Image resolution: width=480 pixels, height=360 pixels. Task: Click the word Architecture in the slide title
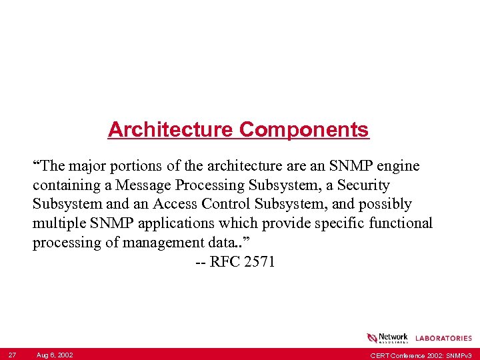coord(171,129)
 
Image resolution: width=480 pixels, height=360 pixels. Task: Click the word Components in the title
coord(304,129)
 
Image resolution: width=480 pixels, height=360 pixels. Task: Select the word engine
coord(399,165)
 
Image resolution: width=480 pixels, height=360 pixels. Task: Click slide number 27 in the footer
coord(11,355)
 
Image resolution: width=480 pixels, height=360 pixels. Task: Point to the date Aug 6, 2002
coord(55,355)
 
